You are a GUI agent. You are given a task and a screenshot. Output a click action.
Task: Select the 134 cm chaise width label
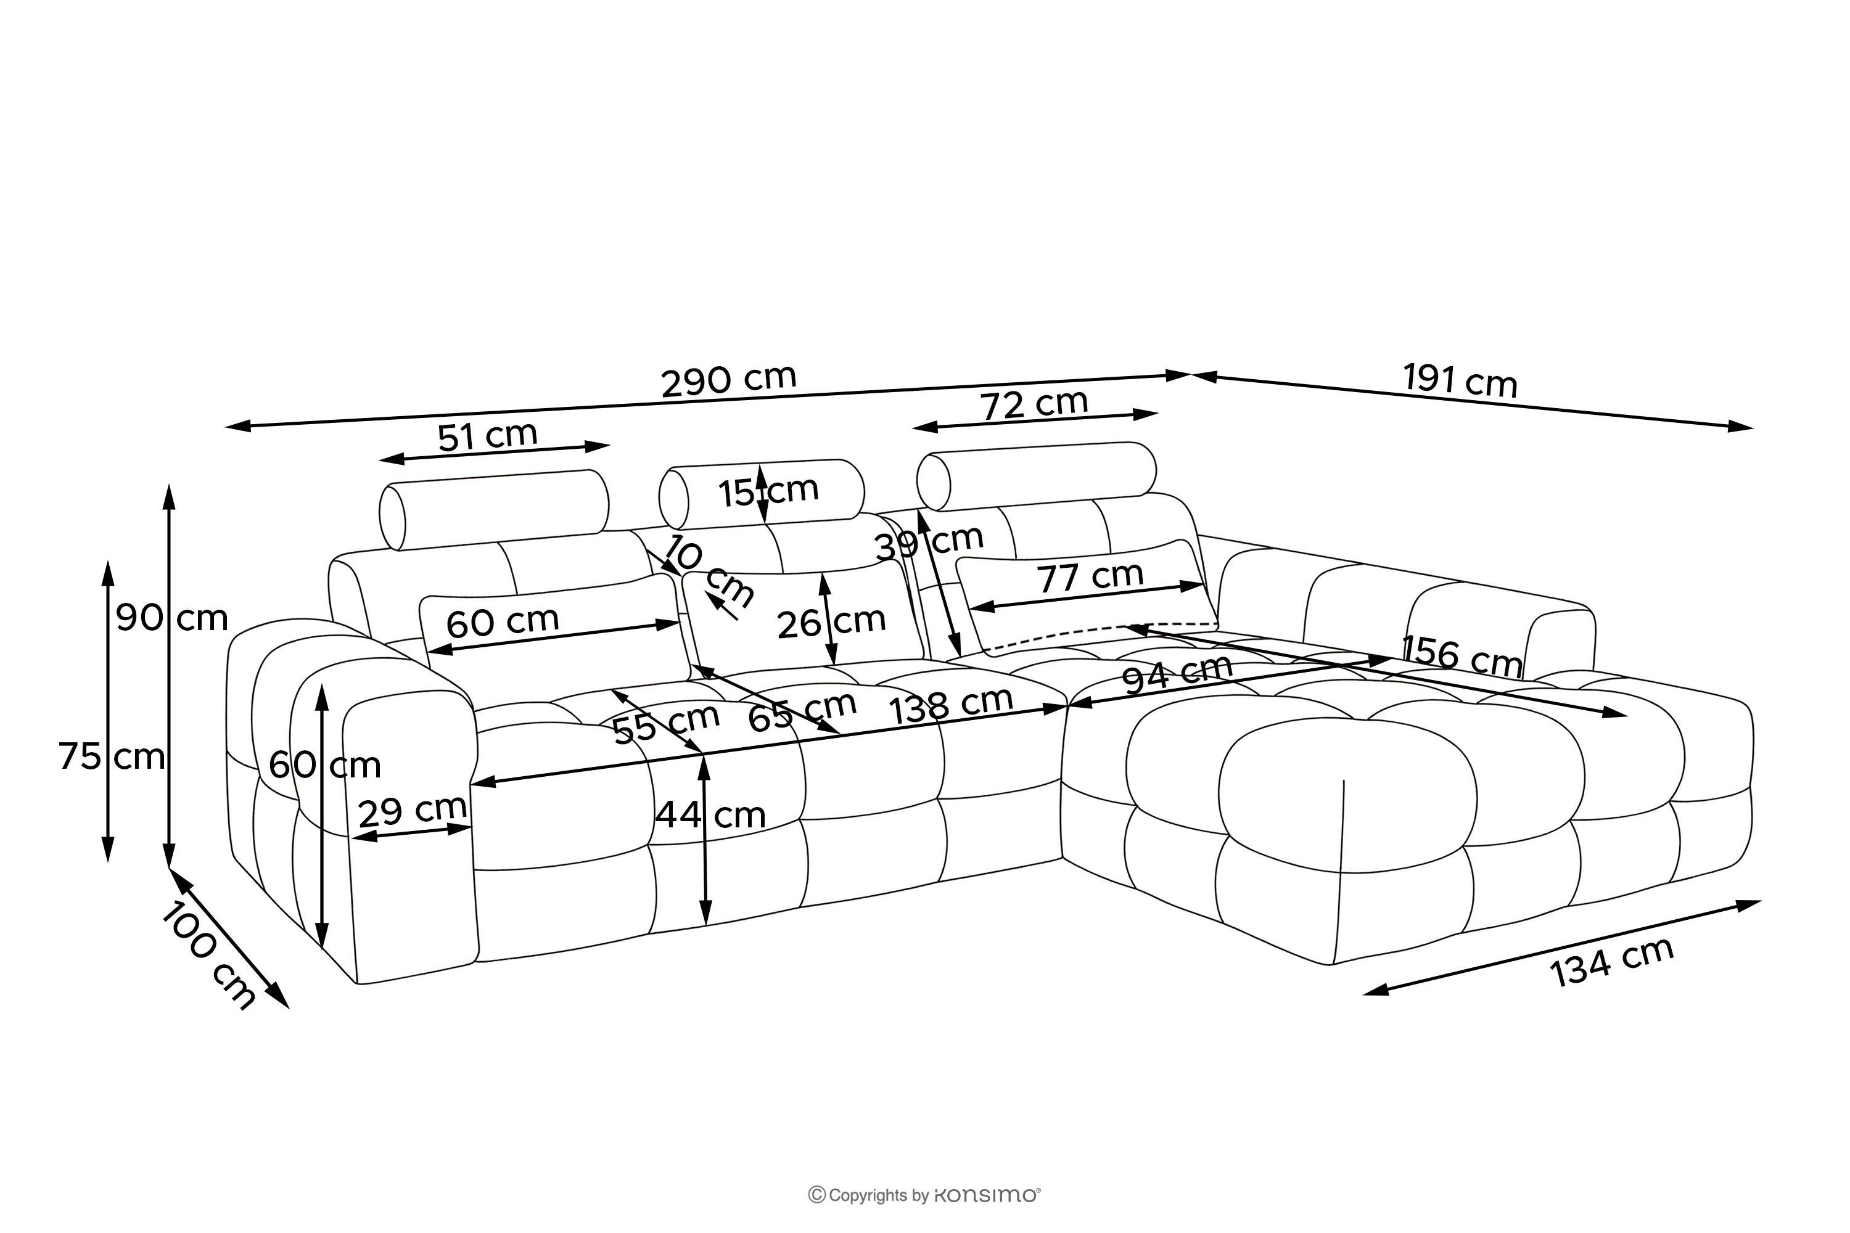(1613, 962)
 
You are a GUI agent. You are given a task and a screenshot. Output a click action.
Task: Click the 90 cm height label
(172, 619)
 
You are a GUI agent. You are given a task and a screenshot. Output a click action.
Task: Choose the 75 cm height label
(112, 757)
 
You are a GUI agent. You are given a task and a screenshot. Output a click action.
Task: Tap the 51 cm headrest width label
(487, 436)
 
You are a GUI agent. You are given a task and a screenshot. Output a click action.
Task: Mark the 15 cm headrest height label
(768, 491)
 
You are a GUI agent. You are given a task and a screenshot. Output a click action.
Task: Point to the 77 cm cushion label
(1090, 578)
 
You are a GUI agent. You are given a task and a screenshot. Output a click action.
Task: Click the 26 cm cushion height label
(831, 622)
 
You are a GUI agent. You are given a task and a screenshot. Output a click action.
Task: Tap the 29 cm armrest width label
(412, 811)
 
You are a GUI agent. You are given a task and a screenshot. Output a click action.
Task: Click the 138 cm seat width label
(950, 705)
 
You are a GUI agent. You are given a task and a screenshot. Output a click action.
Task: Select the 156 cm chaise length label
(1461, 655)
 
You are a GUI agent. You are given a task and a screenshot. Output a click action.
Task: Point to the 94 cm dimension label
(1177, 674)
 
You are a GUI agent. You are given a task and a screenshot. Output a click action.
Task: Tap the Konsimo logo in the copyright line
(986, 1196)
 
